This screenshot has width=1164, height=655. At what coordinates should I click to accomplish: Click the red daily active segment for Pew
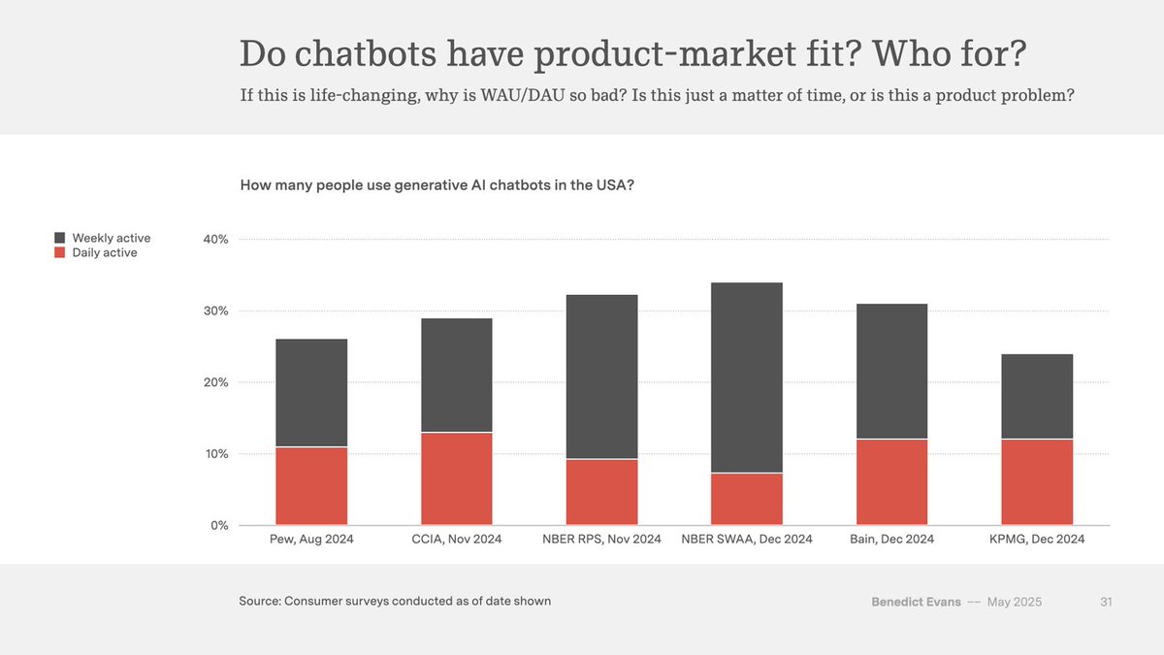311,486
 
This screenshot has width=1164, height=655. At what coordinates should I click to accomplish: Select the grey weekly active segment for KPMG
1037,396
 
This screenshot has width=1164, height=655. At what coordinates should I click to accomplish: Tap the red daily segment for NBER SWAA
747,499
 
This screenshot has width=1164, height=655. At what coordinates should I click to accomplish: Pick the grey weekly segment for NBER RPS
601,377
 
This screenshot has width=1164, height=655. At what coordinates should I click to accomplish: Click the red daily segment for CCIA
456,478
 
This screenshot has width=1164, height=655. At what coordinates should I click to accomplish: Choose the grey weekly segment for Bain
891,371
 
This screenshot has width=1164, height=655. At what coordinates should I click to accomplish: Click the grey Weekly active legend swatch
59,238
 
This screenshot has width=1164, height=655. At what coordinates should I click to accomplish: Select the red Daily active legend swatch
59,253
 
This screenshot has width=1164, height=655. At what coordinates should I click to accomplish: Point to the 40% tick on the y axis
215,240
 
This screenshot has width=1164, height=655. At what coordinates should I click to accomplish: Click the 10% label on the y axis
215,454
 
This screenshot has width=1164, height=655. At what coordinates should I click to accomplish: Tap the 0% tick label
219,526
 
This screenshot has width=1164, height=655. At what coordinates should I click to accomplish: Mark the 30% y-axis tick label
215,311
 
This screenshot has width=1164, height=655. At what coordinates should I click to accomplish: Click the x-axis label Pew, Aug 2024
311,540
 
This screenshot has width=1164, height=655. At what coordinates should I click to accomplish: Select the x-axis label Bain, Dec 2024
891,540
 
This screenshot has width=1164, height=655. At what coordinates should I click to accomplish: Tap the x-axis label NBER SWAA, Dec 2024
747,540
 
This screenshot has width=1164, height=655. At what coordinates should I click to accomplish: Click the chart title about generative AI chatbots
437,184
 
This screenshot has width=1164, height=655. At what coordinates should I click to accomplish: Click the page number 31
1106,602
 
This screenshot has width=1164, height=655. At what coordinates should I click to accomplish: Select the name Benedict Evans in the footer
916,602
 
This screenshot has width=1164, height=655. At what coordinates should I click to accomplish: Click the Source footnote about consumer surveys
395,602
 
